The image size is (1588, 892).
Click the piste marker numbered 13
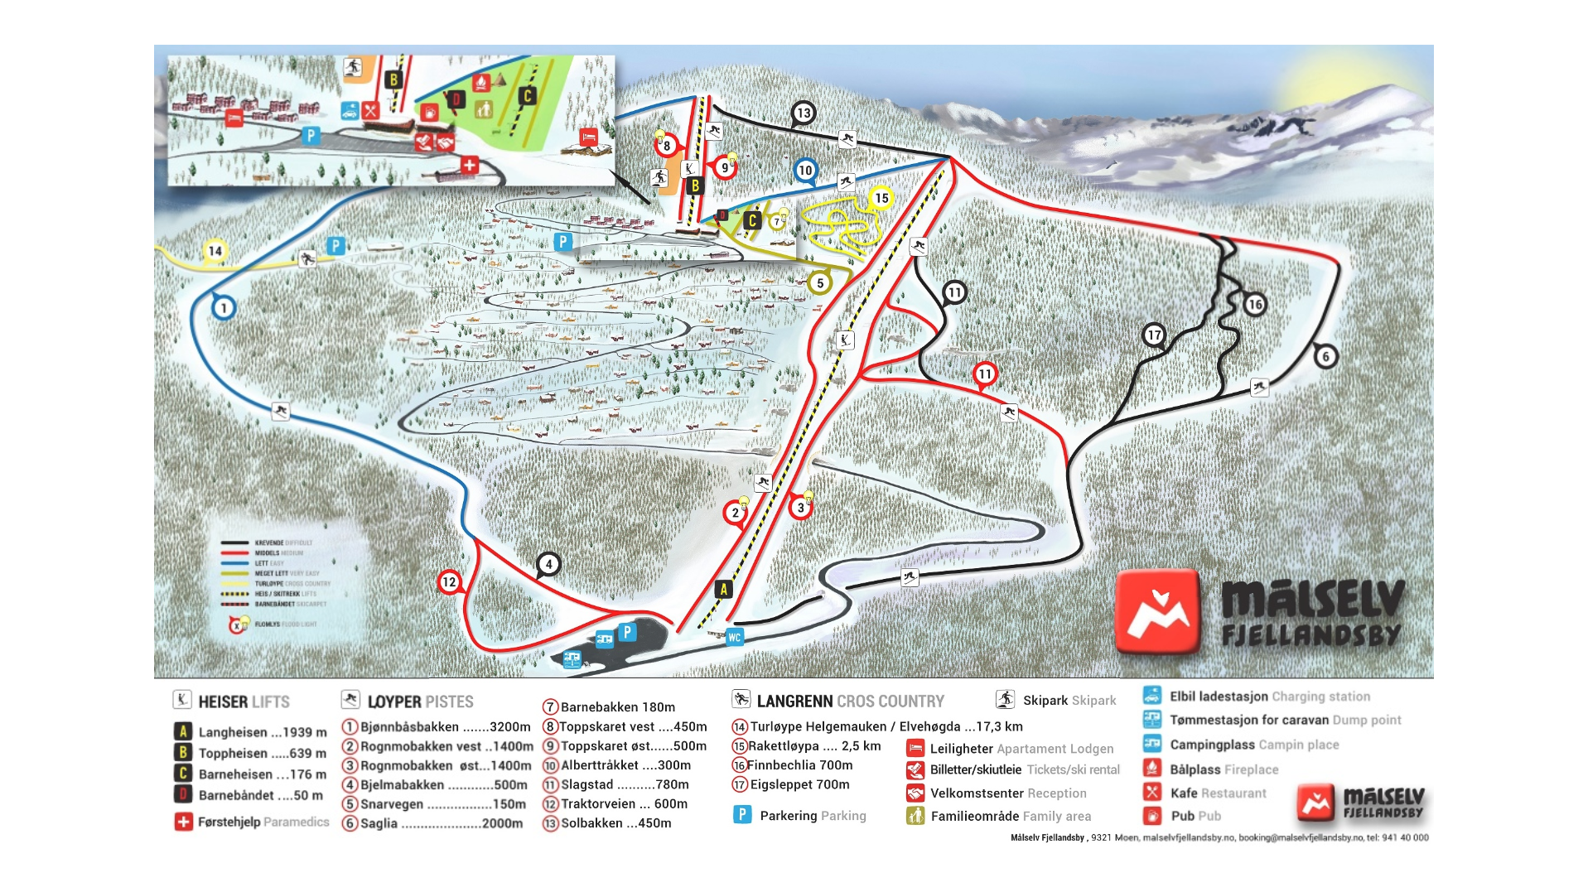click(803, 113)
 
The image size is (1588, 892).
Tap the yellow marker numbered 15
click(881, 198)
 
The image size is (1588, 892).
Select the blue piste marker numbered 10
click(805, 171)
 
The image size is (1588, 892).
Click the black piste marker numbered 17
click(1153, 335)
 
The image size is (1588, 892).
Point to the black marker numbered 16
click(1254, 304)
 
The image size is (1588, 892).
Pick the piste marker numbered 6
click(1325, 356)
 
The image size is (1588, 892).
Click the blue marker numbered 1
click(224, 308)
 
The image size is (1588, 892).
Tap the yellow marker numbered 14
click(215, 251)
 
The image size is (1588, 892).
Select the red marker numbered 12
click(449, 581)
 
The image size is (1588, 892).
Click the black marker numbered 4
click(548, 564)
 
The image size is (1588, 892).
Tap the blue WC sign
click(734, 637)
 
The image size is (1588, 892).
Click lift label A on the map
click(723, 589)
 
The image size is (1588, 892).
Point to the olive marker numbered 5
click(819, 282)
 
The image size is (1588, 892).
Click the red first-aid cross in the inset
click(470, 165)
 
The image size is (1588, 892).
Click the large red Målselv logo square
click(1157, 611)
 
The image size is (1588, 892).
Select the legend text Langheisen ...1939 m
click(262, 732)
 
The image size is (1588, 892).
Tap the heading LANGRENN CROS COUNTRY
click(849, 702)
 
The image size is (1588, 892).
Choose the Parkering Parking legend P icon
click(742, 815)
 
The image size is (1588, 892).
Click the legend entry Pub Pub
click(1195, 816)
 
